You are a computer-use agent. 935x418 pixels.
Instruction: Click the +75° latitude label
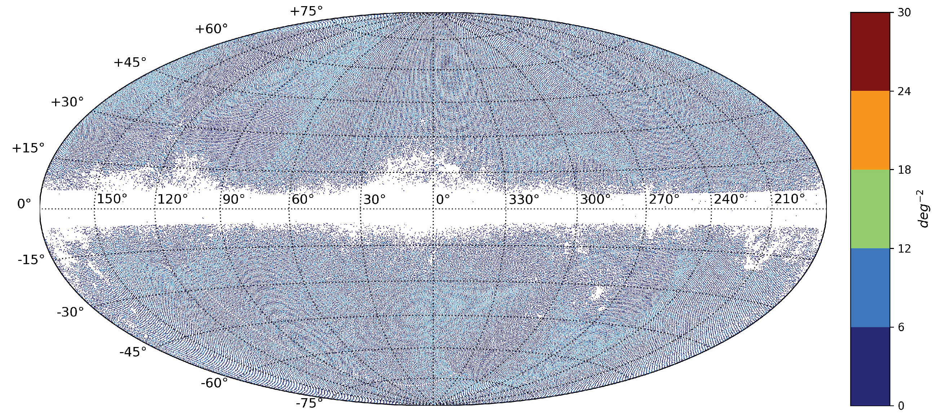[306, 11]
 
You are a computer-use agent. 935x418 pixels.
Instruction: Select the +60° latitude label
[211, 29]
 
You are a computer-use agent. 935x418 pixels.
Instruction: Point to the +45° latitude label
[130, 62]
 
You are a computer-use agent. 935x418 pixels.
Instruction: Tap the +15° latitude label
[28, 148]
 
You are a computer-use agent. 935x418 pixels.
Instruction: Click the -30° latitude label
[70, 312]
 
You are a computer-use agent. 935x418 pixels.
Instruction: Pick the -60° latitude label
[214, 382]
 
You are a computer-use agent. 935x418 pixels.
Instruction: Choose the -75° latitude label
[309, 403]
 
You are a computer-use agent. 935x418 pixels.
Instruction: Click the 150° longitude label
[112, 199]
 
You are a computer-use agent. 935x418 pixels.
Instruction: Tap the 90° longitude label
[233, 199]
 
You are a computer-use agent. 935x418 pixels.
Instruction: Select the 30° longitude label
[374, 199]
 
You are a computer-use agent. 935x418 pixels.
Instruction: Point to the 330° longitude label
[524, 199]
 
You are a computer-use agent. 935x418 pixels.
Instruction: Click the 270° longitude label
[664, 199]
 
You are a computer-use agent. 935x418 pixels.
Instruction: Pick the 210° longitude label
[790, 199]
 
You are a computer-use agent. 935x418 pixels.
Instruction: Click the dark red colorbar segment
[870, 52]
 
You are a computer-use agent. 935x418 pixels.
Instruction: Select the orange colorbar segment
[870, 130]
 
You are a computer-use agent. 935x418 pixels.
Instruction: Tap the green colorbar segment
[870, 209]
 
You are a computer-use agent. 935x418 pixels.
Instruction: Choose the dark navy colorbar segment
[870, 366]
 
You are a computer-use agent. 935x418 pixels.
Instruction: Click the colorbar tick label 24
[904, 91]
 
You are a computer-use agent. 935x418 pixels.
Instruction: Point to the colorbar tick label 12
[904, 249]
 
